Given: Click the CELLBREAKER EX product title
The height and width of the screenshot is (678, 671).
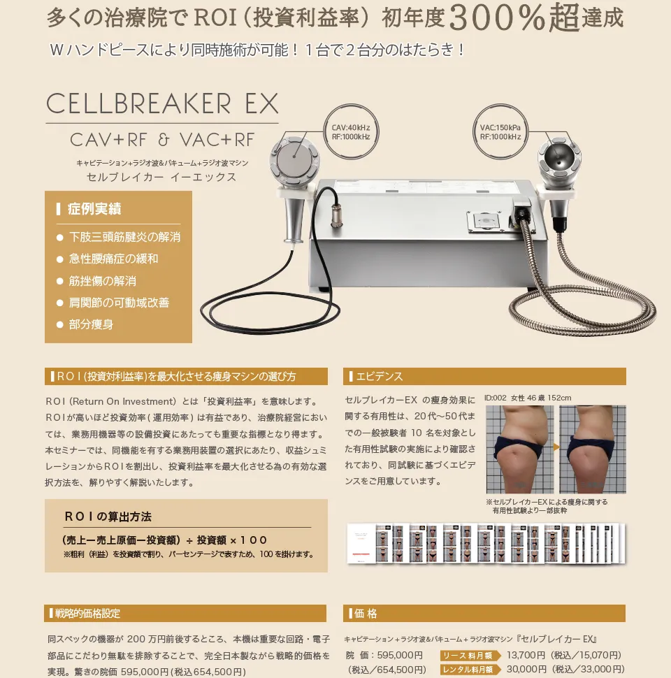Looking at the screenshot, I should [162, 104].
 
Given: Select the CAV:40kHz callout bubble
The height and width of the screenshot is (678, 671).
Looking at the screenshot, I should [351, 132].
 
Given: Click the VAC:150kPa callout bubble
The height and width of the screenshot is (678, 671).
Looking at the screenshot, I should [500, 132].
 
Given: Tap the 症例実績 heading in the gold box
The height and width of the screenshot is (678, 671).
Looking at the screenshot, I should [94, 209].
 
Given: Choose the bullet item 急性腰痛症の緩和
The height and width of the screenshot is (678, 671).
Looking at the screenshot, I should [113, 259].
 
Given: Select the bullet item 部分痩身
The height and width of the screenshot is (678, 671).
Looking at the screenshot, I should [91, 324].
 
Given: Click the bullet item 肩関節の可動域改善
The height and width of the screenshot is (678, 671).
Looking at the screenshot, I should [119, 303].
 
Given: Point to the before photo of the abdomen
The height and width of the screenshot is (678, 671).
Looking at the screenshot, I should [519, 449].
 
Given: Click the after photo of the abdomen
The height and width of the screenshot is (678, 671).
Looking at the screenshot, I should [593, 449].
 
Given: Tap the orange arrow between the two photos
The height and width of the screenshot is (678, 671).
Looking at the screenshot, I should [556, 446].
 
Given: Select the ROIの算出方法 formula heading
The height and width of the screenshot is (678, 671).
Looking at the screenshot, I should [108, 517].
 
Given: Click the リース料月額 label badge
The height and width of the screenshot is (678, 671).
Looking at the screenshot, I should [470, 656].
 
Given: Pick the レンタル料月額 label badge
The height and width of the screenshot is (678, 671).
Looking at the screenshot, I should [470, 670].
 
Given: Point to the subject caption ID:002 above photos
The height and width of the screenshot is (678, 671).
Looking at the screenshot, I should [528, 398].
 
